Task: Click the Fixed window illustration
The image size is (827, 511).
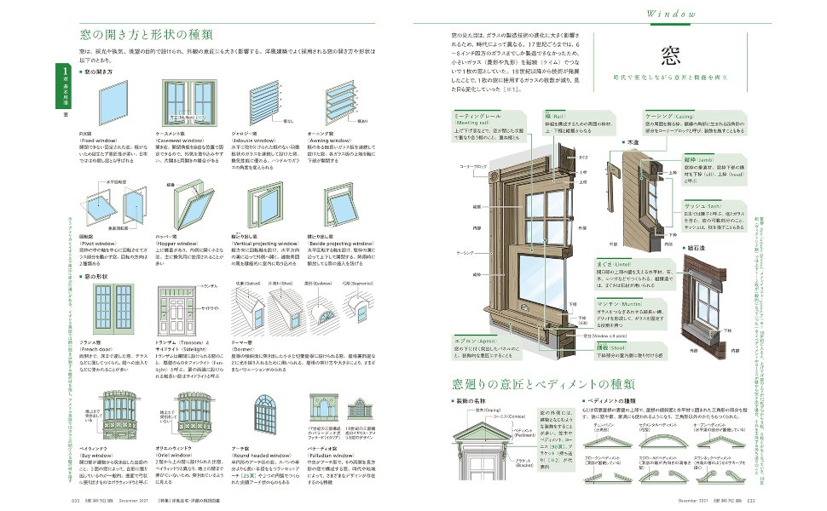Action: [x=100, y=107]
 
